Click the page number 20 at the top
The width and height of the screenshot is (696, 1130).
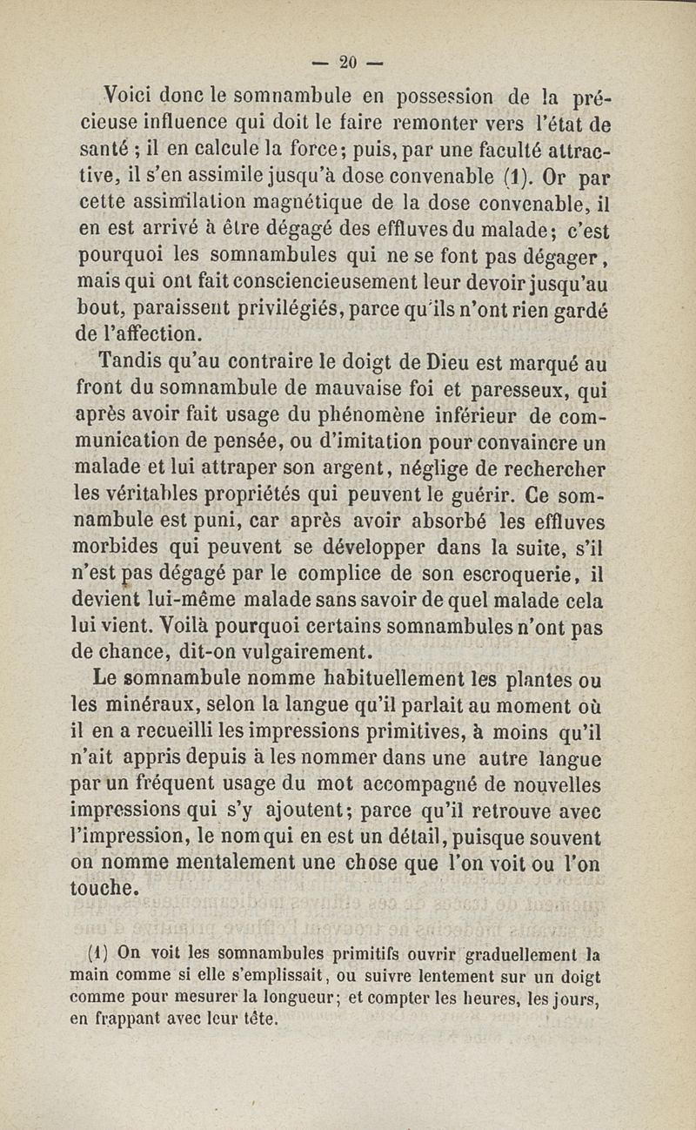(x=349, y=62)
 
